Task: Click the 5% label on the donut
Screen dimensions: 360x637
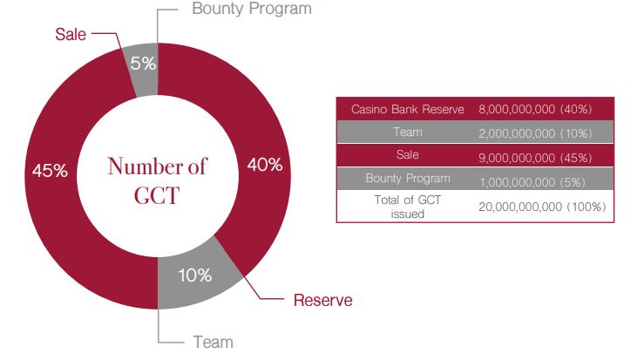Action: point(144,63)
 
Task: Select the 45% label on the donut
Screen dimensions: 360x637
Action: point(50,170)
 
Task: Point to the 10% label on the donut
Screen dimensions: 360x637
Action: point(193,275)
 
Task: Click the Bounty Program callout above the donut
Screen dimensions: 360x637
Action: point(251,10)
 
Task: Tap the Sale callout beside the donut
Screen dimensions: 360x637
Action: point(70,35)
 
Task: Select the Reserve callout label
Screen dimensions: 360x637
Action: point(322,301)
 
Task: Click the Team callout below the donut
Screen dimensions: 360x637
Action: point(213,342)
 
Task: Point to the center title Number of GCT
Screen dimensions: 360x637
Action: point(158,180)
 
